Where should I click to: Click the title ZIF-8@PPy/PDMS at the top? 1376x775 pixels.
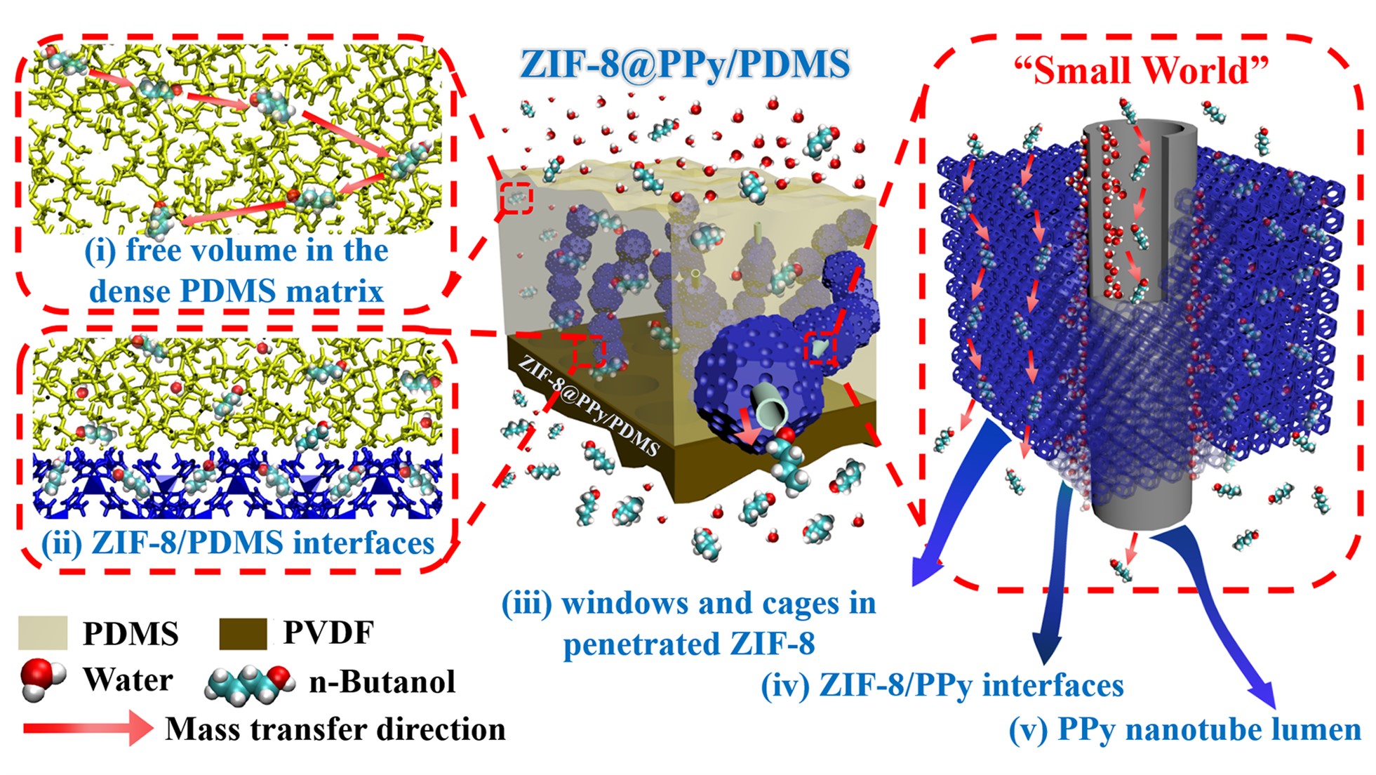click(x=684, y=64)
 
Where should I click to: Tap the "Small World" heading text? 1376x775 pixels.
click(x=1142, y=70)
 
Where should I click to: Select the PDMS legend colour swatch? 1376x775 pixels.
click(x=43, y=632)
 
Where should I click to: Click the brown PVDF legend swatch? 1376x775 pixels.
click(x=243, y=633)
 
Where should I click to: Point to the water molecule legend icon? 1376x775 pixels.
click(x=41, y=680)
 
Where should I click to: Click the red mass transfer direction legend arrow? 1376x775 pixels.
click(x=88, y=729)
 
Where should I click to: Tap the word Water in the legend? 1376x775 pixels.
click(x=128, y=680)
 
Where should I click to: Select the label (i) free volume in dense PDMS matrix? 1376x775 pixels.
click(x=236, y=270)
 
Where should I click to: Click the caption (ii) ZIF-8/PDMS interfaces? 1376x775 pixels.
click(x=238, y=543)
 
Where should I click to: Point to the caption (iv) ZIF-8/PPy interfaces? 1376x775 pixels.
click(x=942, y=684)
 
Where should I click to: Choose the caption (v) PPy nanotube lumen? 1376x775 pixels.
click(x=1184, y=729)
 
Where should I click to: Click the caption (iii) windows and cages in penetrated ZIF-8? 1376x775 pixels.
click(x=688, y=623)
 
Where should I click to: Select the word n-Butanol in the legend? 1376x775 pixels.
click(x=382, y=681)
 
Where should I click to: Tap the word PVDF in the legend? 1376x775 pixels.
click(x=328, y=632)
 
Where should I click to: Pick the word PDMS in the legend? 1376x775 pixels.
click(x=131, y=633)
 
